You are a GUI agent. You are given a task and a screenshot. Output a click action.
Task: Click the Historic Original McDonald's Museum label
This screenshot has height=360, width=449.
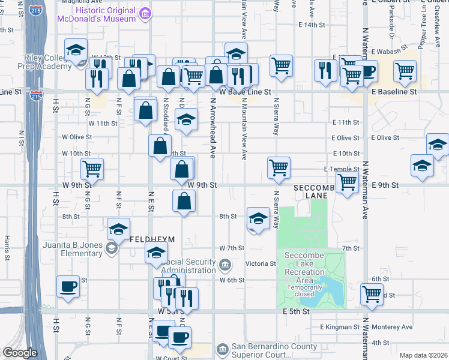pos(96,18)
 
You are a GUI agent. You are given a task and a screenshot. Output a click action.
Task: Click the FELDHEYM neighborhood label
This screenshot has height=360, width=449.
pos(152,239)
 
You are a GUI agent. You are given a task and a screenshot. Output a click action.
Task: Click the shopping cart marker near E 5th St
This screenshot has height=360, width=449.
pos(372,294)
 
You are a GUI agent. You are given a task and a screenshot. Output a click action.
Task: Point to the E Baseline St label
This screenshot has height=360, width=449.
pos(394,92)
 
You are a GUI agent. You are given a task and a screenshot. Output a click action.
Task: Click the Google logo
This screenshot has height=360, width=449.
pos(20,353)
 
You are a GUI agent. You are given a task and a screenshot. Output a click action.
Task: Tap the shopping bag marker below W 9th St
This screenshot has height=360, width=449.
pos(184,201)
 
